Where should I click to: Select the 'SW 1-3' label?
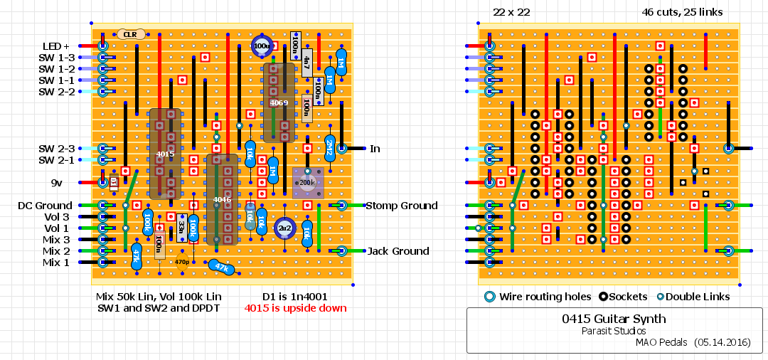pyautogui.click(x=57, y=58)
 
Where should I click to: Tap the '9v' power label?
pyautogui.click(x=57, y=183)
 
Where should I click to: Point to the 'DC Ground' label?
pyautogui.click(x=45, y=206)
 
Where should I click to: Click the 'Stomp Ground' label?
pyautogui.click(x=401, y=206)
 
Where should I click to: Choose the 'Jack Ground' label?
pyautogui.click(x=398, y=251)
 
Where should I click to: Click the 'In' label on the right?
pyautogui.click(x=375, y=149)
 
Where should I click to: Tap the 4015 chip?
pyautogui.click(x=165, y=154)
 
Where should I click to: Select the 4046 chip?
pyautogui.click(x=222, y=199)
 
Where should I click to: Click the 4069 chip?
pyautogui.click(x=279, y=102)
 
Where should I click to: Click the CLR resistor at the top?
pyautogui.click(x=130, y=34)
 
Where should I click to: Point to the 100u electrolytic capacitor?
pyautogui.click(x=262, y=46)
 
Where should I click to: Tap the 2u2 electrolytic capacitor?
pyautogui.click(x=284, y=228)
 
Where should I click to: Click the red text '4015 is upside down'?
pyautogui.click(x=295, y=308)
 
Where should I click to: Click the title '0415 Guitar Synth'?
pyautogui.click(x=614, y=319)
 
